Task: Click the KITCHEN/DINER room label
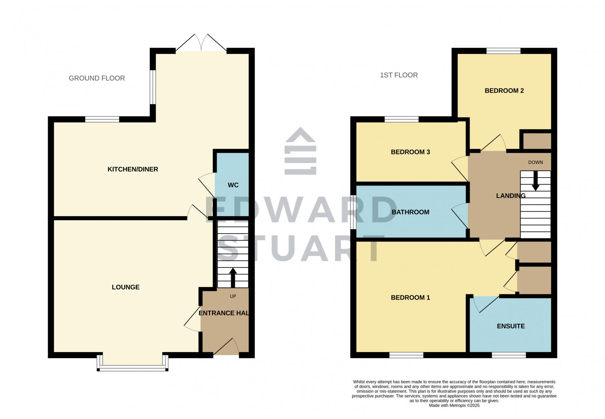coord(133,169)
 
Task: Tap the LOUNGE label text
coord(126,287)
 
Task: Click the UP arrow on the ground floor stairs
coord(233,278)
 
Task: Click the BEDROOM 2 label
coord(504,91)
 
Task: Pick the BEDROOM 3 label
coord(410,152)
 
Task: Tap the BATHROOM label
coord(410,212)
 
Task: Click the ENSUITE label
coord(510,326)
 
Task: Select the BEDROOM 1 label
coord(410,297)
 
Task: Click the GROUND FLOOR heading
coord(97,78)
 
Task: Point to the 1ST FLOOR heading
coord(399,75)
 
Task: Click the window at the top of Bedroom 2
coord(503,51)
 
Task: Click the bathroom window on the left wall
coord(353,212)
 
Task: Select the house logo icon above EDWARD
coord(300,151)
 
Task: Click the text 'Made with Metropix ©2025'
coord(454,405)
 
